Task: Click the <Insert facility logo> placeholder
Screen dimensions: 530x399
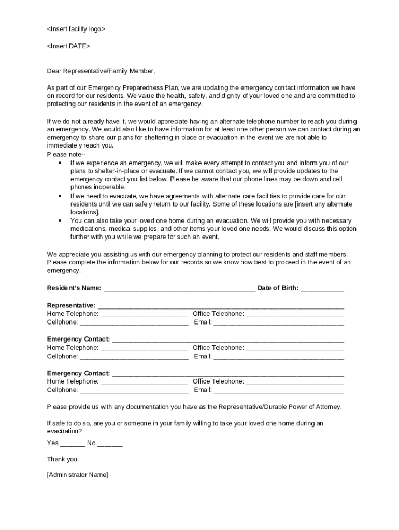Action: (x=76, y=29)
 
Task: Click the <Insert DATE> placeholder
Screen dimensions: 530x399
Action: (x=68, y=46)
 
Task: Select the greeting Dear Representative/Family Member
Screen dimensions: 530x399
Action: (x=101, y=71)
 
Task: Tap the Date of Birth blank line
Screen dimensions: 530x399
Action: (x=322, y=289)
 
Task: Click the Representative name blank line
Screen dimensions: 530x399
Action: (x=221, y=306)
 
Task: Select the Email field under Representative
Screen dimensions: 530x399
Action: (x=279, y=323)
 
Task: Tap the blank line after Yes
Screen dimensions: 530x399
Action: (x=73, y=444)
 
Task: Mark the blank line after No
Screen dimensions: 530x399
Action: (x=110, y=444)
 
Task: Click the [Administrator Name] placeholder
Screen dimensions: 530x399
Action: (x=78, y=475)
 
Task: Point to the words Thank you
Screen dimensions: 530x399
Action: (x=63, y=459)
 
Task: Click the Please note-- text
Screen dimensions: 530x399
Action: (x=66, y=154)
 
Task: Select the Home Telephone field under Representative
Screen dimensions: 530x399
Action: (x=144, y=314)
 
